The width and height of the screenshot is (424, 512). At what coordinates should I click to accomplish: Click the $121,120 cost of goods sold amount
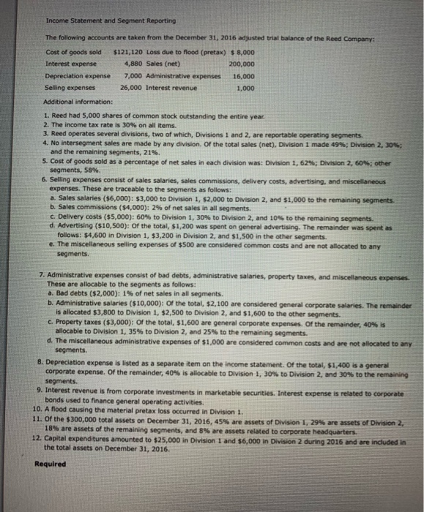click(130, 52)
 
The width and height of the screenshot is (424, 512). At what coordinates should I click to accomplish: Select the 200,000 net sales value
click(242, 64)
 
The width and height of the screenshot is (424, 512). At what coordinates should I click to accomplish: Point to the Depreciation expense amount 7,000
click(136, 76)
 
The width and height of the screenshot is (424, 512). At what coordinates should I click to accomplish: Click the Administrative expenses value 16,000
click(242, 76)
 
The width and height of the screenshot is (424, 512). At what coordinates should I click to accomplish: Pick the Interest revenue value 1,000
click(245, 88)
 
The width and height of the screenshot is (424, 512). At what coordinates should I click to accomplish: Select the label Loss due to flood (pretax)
click(189, 52)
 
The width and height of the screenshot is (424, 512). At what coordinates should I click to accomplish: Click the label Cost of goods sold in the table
click(72, 52)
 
